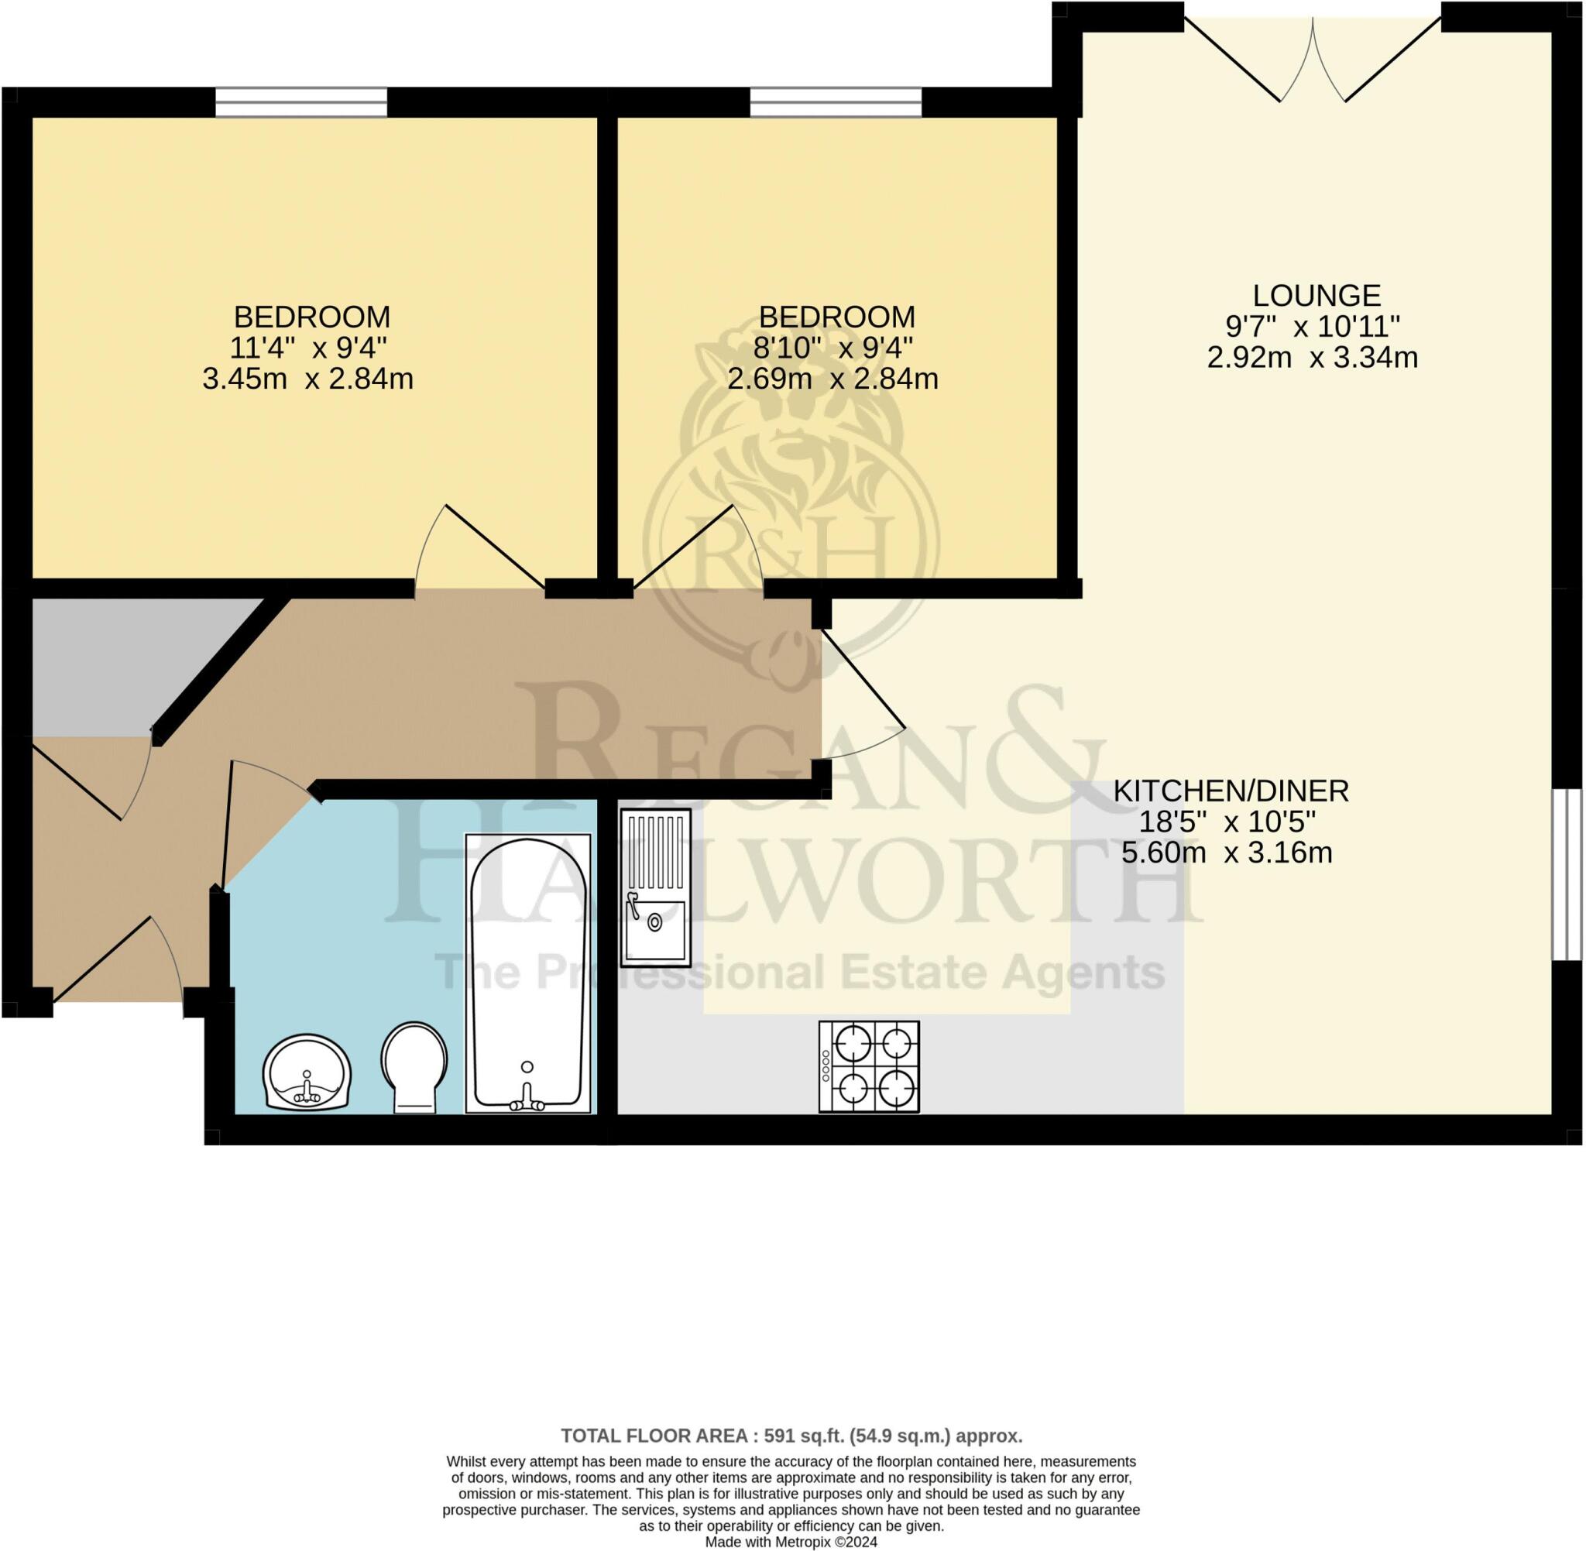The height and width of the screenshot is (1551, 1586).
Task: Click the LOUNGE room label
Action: [1316, 295]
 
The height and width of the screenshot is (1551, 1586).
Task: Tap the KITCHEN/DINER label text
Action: [1231, 791]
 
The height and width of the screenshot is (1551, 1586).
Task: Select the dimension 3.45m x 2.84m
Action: [308, 379]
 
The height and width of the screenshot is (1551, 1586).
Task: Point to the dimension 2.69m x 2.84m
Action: [832, 379]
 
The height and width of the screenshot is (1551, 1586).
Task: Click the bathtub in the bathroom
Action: [528, 973]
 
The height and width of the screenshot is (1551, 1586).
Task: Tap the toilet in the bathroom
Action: [414, 1066]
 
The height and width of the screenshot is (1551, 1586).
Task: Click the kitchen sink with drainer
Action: [655, 887]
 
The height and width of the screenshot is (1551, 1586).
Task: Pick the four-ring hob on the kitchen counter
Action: [869, 1066]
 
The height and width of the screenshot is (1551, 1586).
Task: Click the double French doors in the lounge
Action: [1313, 57]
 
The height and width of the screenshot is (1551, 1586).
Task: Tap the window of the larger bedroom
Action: [300, 103]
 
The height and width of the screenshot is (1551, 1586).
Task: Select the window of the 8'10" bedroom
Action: [835, 103]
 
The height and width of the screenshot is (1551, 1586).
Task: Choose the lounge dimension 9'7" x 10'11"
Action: [1313, 327]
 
